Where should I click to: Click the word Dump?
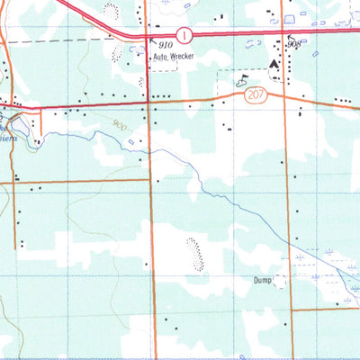[262, 281]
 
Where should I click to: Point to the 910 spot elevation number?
[164, 43]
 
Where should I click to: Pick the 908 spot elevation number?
[293, 43]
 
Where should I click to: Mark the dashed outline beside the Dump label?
[282, 282]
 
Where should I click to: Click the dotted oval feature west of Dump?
[193, 253]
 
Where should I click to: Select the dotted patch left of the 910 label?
[117, 51]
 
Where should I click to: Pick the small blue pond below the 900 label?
[132, 142]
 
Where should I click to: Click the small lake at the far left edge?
[6, 114]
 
